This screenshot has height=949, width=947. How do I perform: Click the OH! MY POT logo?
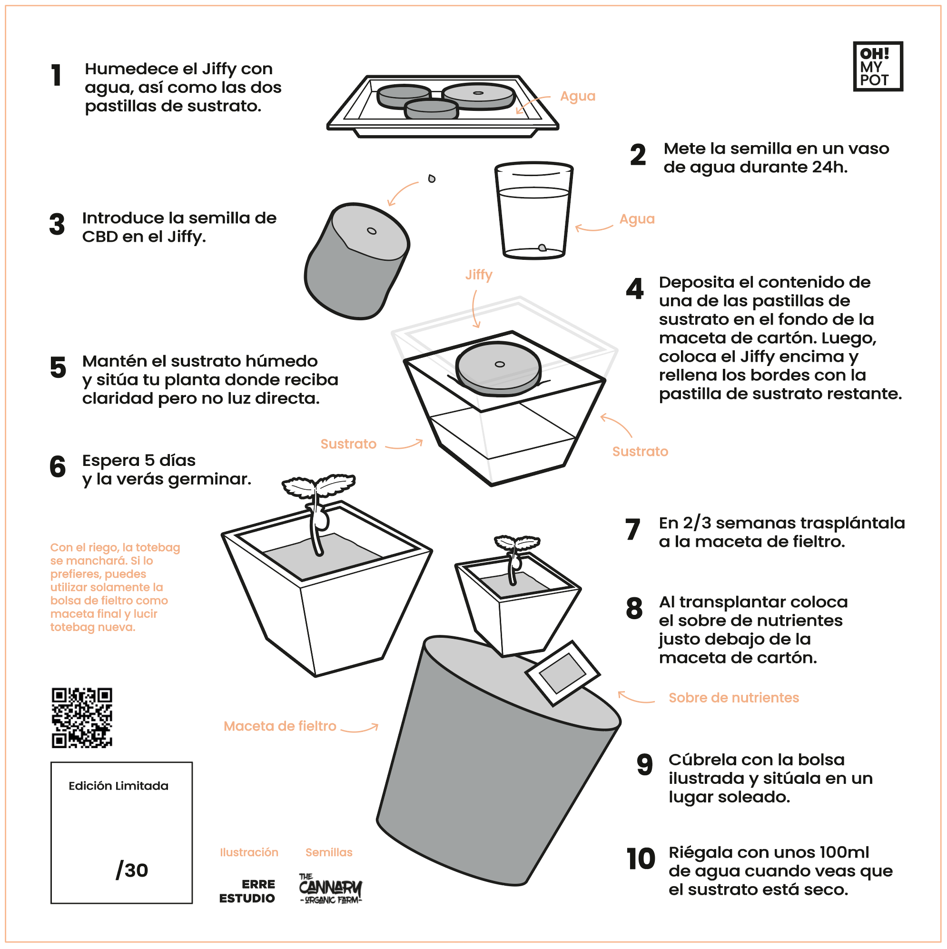tap(878, 66)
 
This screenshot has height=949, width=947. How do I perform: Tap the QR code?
tap(82, 718)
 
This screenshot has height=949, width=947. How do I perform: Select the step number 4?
tap(635, 289)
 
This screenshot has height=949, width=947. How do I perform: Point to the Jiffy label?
tap(478, 275)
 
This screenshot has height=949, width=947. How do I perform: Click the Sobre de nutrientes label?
tap(733, 698)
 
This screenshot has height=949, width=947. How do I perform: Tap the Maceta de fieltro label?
tap(279, 726)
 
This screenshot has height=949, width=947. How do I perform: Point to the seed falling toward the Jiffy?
tap(431, 178)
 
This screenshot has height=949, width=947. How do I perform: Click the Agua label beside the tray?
tap(578, 96)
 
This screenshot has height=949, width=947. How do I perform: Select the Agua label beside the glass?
tap(637, 219)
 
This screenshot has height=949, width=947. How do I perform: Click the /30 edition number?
tap(132, 870)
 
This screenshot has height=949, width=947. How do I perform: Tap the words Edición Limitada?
tap(118, 786)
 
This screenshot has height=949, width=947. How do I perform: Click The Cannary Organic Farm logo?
tap(330, 889)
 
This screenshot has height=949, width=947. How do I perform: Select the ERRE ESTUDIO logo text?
tap(247, 891)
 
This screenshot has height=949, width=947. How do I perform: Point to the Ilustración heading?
tap(249, 852)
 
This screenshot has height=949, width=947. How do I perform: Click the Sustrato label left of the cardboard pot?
tap(348, 444)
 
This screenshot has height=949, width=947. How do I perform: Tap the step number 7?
tap(632, 530)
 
